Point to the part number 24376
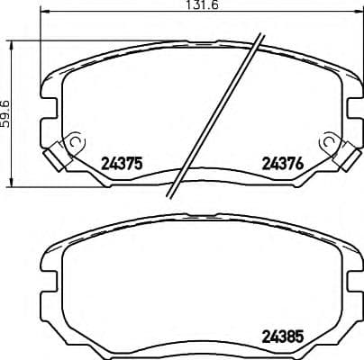tap(281, 164)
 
